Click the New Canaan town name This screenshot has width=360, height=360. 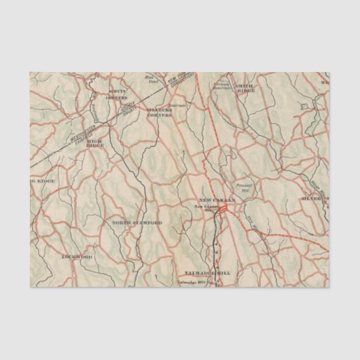tap(216, 200)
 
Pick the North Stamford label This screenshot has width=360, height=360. tap(137, 222)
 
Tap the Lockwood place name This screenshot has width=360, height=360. tap(76, 257)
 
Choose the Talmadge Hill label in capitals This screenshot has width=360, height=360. tap(213, 272)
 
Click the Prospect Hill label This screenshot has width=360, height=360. tap(242, 186)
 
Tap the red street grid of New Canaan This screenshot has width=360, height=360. tap(222, 213)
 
